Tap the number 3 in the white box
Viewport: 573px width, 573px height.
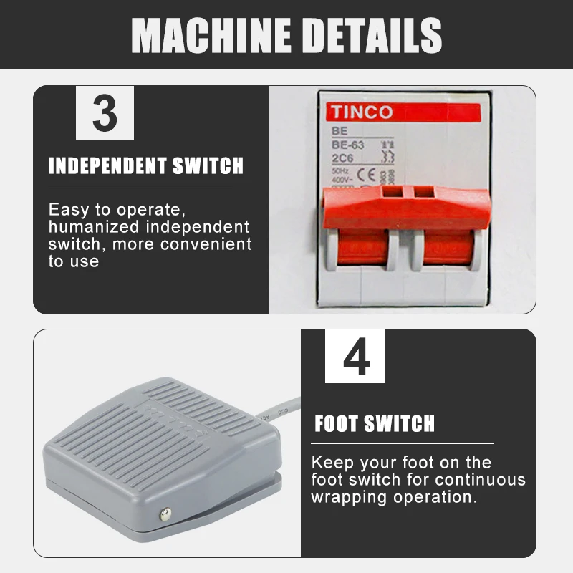pos(105,112)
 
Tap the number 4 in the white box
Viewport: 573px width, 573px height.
pos(355,356)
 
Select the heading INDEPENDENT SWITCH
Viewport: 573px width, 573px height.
pos(146,167)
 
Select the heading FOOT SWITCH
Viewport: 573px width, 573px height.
pos(375,423)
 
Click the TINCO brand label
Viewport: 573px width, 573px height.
pos(361,112)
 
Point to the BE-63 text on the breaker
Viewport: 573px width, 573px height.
pos(348,145)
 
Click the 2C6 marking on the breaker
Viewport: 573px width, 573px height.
pos(343,158)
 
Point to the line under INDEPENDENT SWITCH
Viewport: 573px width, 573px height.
pos(140,188)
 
